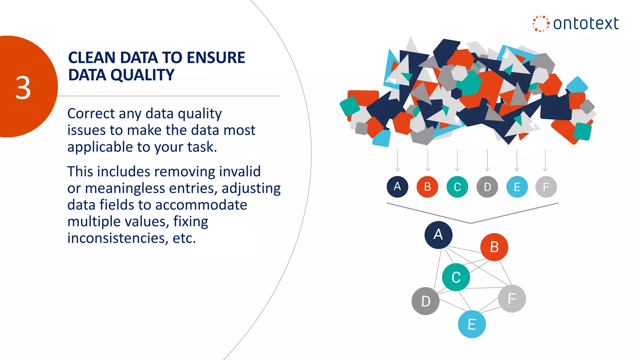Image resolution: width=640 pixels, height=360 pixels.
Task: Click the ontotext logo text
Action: click(585, 24)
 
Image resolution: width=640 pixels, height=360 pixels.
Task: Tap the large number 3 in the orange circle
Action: click(23, 88)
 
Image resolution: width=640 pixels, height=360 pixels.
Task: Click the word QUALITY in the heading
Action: click(142, 75)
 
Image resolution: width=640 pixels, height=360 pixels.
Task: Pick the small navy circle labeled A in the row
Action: click(397, 187)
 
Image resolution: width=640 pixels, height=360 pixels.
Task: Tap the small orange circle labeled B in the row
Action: click(427, 187)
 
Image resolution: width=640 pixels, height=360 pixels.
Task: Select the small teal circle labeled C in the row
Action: click(457, 187)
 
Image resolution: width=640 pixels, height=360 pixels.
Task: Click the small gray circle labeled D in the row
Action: click(487, 187)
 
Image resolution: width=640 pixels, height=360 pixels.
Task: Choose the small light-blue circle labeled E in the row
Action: click(517, 187)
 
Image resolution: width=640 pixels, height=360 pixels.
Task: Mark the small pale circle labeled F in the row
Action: click(546, 187)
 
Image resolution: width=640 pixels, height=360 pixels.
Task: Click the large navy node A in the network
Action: click(438, 235)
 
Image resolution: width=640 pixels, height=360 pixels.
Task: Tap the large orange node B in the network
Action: click(494, 247)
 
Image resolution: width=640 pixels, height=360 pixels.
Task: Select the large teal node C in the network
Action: click(456, 277)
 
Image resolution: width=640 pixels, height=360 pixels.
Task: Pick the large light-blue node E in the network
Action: click(472, 324)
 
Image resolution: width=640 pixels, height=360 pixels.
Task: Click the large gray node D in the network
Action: click(425, 301)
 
